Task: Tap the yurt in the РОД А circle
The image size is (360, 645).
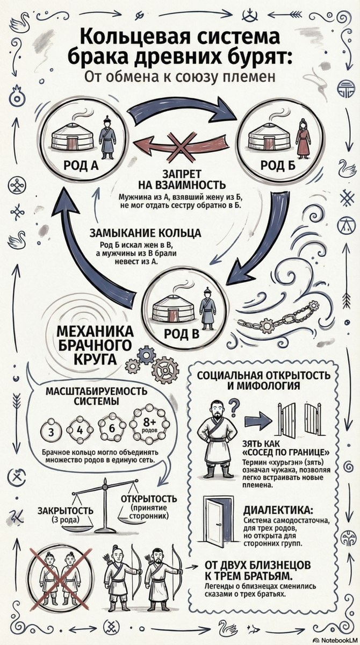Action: click(x=73, y=137)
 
